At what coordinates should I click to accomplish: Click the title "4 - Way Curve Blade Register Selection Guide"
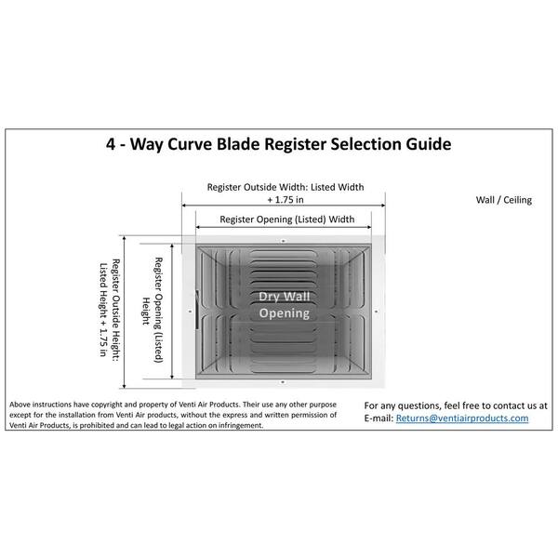[279, 144]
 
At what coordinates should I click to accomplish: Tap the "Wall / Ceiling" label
[504, 200]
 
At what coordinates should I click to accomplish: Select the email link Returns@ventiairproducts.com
[462, 418]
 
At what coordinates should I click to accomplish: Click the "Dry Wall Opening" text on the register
[285, 305]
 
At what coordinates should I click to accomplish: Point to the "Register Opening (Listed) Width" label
[286, 219]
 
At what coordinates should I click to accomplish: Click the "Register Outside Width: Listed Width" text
[286, 187]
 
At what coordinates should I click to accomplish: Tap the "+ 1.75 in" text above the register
[286, 200]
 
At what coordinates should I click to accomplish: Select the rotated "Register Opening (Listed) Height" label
[153, 310]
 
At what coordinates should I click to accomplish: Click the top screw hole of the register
[284, 241]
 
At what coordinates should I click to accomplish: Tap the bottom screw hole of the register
[283, 382]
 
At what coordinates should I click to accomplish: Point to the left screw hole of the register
[190, 312]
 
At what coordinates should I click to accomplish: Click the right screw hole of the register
[377, 312]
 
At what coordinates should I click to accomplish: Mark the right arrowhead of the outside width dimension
[383, 206]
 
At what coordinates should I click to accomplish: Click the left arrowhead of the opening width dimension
[198, 227]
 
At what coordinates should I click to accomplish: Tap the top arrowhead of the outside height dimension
[125, 238]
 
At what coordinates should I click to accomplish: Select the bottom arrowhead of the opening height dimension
[172, 377]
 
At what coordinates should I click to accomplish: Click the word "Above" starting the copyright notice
[20, 405]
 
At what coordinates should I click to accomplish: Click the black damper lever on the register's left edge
[197, 310]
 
